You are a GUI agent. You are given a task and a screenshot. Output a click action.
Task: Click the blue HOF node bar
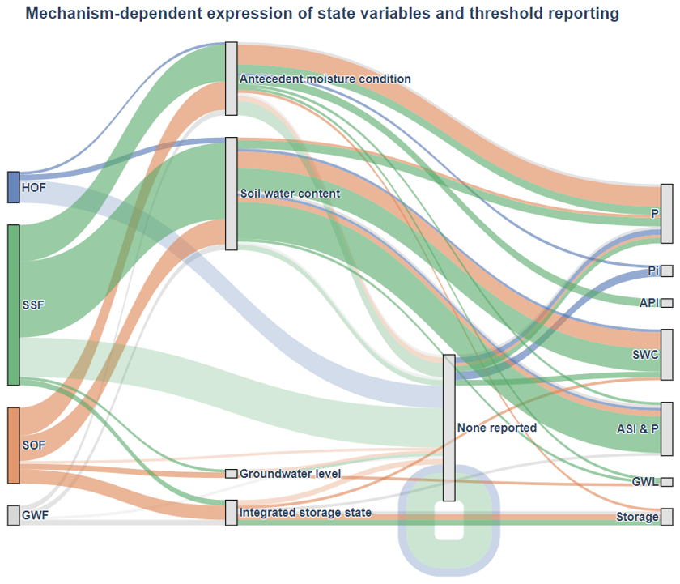click(14, 187)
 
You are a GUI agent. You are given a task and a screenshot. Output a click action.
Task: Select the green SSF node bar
click(14, 305)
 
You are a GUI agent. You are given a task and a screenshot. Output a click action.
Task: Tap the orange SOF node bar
click(14, 445)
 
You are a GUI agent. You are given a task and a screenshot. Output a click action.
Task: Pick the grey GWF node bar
click(14, 515)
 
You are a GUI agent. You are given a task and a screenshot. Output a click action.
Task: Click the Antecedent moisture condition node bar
click(232, 79)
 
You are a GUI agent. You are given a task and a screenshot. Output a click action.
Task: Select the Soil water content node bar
click(232, 194)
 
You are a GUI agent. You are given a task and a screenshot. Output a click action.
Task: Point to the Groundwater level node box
click(232, 474)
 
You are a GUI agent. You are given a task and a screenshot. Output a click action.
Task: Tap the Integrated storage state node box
click(232, 513)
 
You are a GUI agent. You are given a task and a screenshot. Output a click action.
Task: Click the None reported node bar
click(449, 428)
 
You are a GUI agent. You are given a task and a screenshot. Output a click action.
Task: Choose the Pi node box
click(667, 271)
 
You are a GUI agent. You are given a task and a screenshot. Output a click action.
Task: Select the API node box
click(667, 303)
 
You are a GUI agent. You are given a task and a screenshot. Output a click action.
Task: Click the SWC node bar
click(667, 355)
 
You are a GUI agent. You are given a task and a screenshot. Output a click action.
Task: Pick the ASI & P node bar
click(667, 428)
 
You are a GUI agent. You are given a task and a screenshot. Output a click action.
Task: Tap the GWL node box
click(667, 482)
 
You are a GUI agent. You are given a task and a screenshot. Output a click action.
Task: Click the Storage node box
click(667, 517)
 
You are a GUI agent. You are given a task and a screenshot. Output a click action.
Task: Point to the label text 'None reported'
click(497, 428)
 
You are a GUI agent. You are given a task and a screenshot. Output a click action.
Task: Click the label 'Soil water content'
click(290, 194)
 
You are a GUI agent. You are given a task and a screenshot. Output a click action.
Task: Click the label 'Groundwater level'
click(290, 474)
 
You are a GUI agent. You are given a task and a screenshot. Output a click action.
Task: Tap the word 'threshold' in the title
click(504, 14)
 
